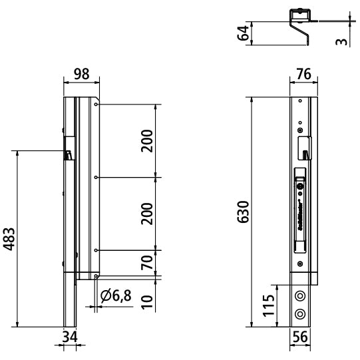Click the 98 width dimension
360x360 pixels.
click(x=81, y=74)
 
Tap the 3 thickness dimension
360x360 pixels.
click(x=341, y=41)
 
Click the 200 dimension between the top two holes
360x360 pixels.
click(x=148, y=140)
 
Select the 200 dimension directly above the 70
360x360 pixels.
click(x=148, y=213)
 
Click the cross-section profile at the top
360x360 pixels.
click(x=298, y=23)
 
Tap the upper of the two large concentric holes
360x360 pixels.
click(x=301, y=295)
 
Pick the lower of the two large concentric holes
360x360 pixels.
click(x=301, y=313)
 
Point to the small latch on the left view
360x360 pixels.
click(x=68, y=154)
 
